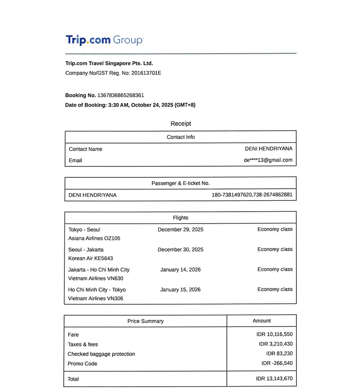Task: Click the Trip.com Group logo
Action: tap(105, 40)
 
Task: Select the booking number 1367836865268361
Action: tap(120, 95)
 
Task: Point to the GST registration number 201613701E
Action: tap(146, 73)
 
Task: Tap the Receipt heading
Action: tap(181, 124)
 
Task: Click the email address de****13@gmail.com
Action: tap(268, 160)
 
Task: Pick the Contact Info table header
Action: tap(181, 137)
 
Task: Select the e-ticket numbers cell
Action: tap(252, 195)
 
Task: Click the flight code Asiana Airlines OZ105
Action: tap(94, 238)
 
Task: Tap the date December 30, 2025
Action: tap(180, 249)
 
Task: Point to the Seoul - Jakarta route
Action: tap(86, 249)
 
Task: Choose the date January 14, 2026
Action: tap(180, 269)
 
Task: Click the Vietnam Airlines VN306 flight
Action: tap(95, 298)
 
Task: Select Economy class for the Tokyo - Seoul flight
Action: tap(275, 229)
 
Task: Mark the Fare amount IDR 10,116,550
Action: tap(275, 334)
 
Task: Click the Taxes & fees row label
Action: tap(83, 344)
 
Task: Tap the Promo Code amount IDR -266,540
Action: tap(277, 363)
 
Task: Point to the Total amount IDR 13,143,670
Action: tap(275, 378)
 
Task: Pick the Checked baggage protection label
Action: tap(101, 354)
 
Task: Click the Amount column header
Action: tap(261, 321)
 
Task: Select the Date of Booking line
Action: tap(130, 105)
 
